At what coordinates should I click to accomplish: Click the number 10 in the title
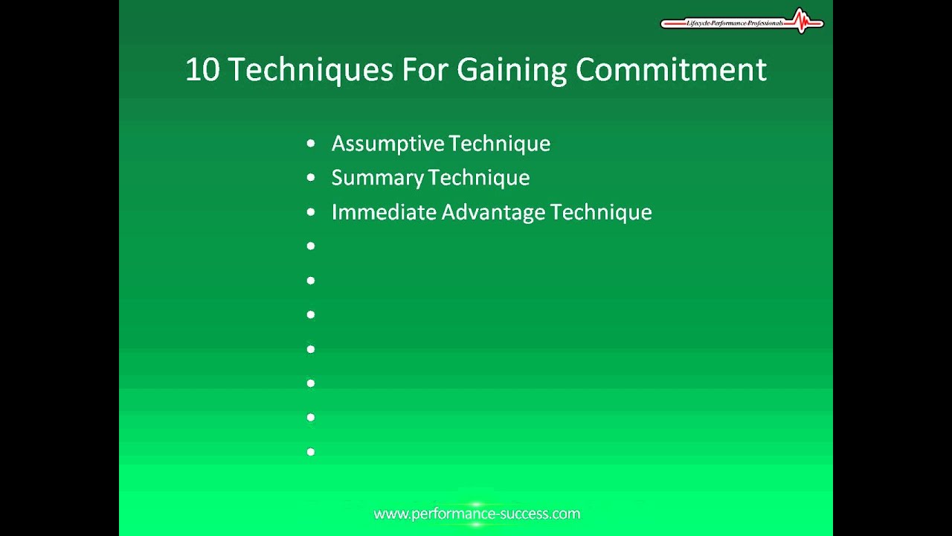click(x=202, y=70)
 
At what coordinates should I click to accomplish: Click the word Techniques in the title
click(x=310, y=70)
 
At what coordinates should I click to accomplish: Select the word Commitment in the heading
click(x=670, y=70)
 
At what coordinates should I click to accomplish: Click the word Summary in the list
click(x=378, y=178)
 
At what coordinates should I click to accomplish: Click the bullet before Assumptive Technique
click(x=311, y=144)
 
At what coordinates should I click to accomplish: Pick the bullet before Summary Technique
click(x=311, y=178)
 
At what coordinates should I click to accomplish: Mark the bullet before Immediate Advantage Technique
click(x=311, y=212)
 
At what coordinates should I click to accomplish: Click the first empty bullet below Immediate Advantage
click(x=311, y=246)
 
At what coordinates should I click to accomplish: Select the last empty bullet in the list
click(x=311, y=452)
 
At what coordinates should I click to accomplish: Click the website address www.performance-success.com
click(x=477, y=514)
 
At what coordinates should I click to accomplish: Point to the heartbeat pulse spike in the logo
click(x=800, y=20)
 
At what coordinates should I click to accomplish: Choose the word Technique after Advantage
click(x=601, y=212)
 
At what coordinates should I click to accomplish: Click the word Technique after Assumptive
click(x=500, y=144)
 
